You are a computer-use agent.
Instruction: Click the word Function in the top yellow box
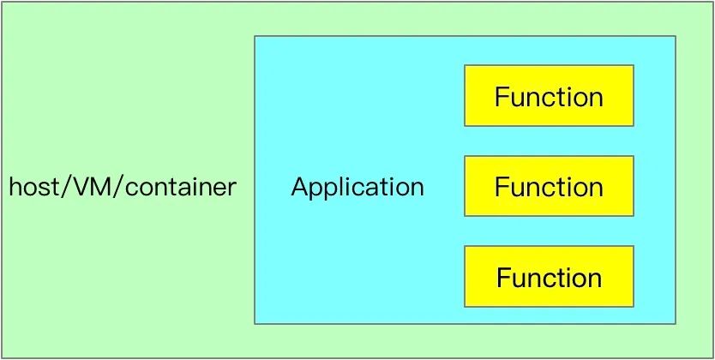tap(549, 96)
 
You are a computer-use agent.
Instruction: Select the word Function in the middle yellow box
tap(549, 186)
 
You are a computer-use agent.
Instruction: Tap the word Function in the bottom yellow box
tap(549, 277)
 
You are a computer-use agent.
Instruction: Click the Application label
tap(357, 187)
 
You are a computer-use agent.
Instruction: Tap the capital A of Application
tap(299, 187)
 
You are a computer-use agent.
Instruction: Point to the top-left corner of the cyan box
tap(255, 36)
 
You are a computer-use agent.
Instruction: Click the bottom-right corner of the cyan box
tap(676, 323)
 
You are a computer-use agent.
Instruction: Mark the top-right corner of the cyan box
tap(676, 36)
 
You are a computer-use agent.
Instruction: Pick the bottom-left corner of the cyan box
tap(255, 323)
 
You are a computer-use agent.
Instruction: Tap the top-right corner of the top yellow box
tap(634, 65)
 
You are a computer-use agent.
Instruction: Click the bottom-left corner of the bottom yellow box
tap(465, 306)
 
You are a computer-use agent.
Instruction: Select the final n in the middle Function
tap(596, 188)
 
